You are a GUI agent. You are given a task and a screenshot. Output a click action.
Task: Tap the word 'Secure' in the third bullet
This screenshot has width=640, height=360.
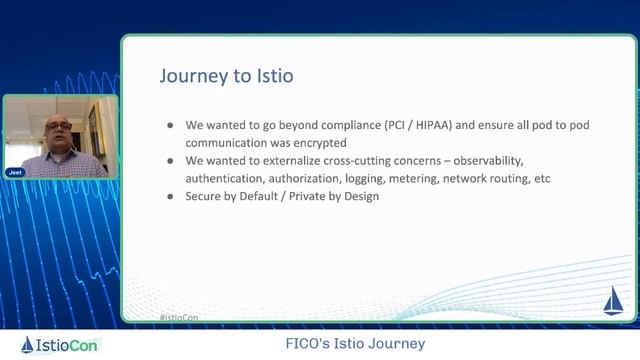tap(203, 196)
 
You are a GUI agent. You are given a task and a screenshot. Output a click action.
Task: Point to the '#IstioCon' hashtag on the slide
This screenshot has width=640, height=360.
tap(177, 318)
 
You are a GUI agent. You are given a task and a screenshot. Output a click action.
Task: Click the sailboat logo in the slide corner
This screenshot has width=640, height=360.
tap(611, 300)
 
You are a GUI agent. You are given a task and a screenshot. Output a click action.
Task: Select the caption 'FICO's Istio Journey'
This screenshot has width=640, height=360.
tap(355, 344)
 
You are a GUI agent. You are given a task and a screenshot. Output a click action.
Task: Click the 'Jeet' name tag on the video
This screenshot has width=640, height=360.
tap(15, 172)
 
